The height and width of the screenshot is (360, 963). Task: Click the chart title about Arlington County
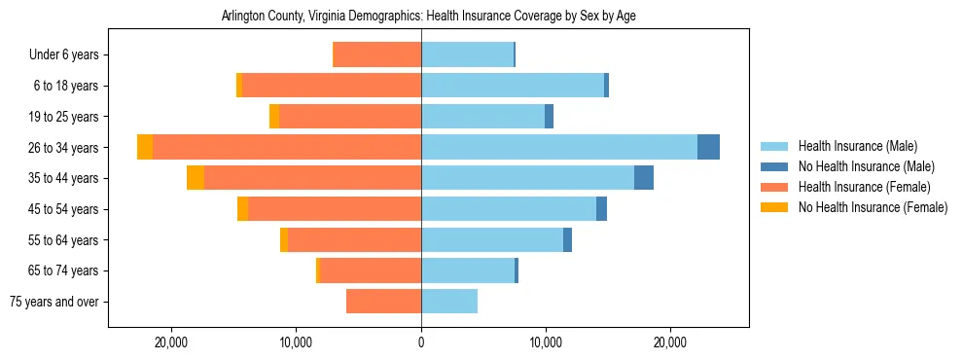[428, 17]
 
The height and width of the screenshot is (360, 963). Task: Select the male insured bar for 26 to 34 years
[559, 147]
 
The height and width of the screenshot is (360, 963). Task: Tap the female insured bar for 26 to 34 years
[287, 147]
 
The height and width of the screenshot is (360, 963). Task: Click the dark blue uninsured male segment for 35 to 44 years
[644, 178]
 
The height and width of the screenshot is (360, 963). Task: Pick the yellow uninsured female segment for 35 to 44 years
[196, 178]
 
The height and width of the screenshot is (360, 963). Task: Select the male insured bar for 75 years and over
[449, 302]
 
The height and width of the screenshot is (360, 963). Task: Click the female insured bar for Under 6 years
[377, 54]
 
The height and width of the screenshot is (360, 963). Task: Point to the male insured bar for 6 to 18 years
[513, 86]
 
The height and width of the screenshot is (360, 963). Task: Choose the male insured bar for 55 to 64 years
[492, 239]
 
